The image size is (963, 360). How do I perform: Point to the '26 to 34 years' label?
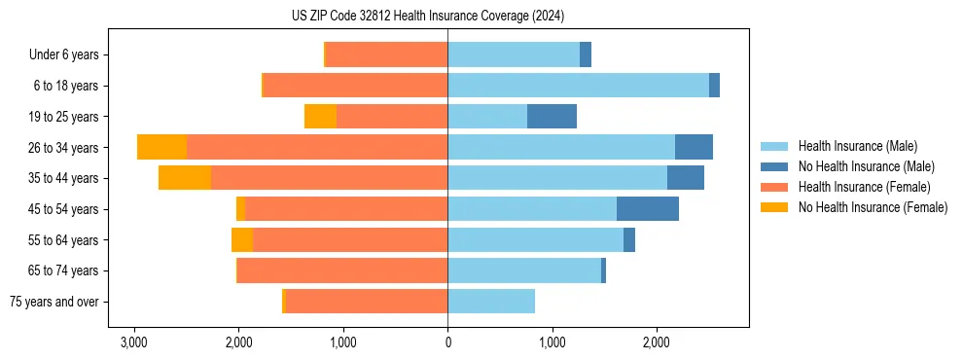pos(64,148)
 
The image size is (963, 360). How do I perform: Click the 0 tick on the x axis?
pos(447,342)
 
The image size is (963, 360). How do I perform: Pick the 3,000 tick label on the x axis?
pos(133,342)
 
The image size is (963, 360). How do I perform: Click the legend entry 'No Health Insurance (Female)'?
pos(873,207)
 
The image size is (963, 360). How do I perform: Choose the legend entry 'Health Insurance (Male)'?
pos(858,146)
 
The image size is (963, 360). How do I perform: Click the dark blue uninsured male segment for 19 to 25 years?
pos(552,117)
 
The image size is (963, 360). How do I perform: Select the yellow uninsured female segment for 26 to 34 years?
pos(161,148)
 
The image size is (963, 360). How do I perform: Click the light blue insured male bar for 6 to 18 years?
pos(578,86)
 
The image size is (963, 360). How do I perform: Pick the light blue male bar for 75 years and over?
pos(491,302)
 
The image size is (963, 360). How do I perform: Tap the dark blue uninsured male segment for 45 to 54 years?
pos(647,209)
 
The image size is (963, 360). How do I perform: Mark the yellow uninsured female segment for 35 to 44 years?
pos(185,178)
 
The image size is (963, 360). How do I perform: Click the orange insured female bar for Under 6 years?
pos(386,54)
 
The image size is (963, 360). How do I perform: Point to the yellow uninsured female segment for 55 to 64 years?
pos(242,240)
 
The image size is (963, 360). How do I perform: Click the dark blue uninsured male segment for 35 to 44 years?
pos(685,178)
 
